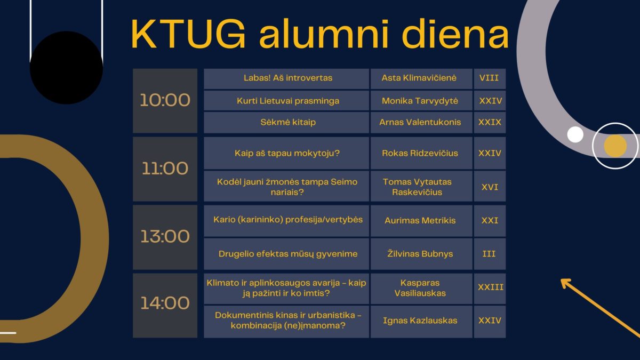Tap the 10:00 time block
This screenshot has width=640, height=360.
click(165, 100)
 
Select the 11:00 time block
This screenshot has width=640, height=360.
click(165, 169)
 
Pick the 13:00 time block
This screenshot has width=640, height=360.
click(165, 236)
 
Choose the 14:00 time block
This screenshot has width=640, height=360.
click(165, 303)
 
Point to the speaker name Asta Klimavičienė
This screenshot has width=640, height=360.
click(419, 78)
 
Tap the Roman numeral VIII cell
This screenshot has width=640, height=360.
click(489, 78)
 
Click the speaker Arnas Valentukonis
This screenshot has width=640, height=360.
click(419, 122)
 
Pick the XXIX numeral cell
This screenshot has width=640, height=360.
click(489, 122)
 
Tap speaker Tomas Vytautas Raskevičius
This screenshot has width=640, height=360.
click(419, 187)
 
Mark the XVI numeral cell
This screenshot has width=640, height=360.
click(489, 187)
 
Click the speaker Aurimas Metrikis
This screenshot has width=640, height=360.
click(419, 220)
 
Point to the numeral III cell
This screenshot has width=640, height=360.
click(489, 254)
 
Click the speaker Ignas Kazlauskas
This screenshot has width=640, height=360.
click(419, 321)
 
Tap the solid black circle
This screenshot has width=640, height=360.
click(66, 67)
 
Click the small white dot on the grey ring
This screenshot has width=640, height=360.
click(575, 134)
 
